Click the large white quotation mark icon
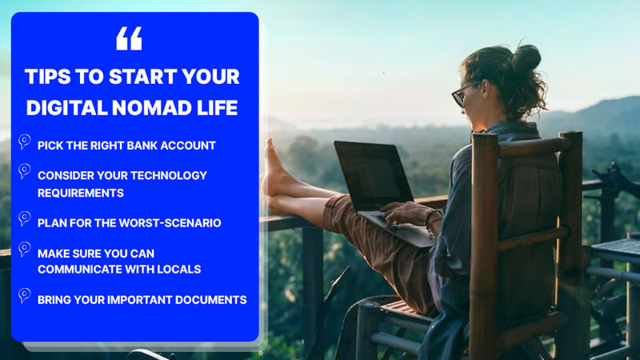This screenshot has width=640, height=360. pos(129,38)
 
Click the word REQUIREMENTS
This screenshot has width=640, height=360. pos(81,193)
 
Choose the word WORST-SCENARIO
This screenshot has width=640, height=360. pos(170,223)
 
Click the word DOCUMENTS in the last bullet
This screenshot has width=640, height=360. pos(210,300)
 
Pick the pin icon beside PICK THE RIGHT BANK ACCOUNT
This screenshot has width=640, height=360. pos(25,142)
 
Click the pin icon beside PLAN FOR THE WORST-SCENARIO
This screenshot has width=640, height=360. pos(25,219)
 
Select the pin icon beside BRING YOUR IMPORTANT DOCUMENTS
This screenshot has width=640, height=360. pos(25,295)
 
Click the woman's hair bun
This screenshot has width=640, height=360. pos(526,58)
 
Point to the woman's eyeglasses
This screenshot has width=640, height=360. pos(464,94)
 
